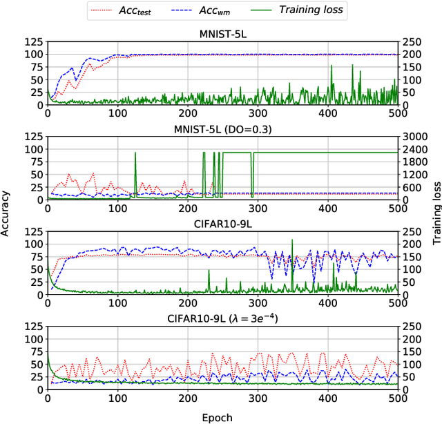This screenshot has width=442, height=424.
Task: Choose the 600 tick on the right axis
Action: [x=412, y=187]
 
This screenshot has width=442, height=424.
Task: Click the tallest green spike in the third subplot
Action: [x=292, y=240]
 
